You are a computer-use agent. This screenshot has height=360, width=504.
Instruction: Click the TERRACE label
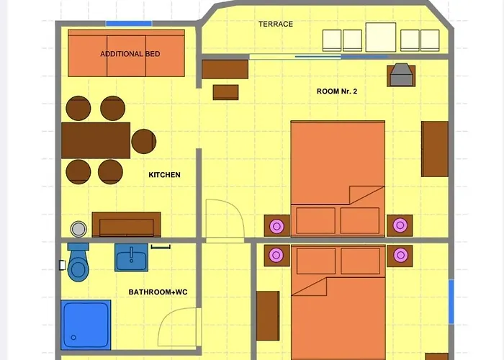tap(276, 24)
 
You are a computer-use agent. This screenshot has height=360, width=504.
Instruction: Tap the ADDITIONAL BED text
tap(130, 54)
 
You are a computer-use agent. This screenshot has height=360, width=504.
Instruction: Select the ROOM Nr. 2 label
tap(337, 91)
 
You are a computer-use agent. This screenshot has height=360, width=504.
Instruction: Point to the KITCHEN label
tap(164, 175)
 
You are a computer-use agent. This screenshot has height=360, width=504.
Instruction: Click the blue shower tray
tap(86, 325)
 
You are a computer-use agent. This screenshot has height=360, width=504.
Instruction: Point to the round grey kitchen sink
tap(78, 228)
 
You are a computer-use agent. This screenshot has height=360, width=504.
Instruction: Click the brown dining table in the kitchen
tap(96, 140)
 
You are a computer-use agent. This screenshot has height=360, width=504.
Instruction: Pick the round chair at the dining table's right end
tap(144, 141)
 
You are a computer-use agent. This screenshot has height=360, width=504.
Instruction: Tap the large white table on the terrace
tap(382, 37)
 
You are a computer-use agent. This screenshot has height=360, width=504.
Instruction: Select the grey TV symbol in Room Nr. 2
tap(400, 75)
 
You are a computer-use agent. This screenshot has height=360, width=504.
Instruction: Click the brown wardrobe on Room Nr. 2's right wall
tap(435, 149)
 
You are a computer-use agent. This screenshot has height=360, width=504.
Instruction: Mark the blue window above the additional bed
tap(129, 24)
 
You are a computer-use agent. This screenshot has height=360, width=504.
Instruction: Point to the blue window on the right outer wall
tap(451, 302)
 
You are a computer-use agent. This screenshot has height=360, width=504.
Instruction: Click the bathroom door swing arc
tap(178, 330)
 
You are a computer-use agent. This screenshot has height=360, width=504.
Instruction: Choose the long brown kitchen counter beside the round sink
tap(126, 225)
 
